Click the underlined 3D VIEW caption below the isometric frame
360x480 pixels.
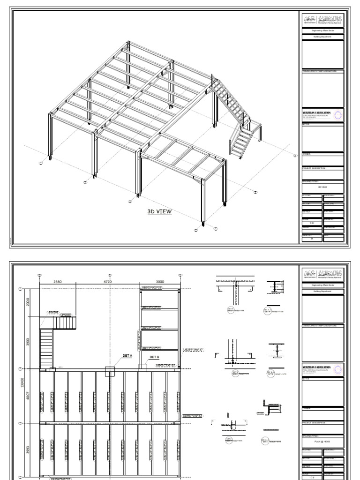[x=159, y=211]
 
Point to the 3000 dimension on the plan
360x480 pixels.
[x=160, y=282]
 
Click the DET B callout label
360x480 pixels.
[x=155, y=357]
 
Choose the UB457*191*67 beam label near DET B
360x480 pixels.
[x=165, y=365]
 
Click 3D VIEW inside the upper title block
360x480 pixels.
[x=322, y=187]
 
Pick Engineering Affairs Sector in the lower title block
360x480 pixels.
[x=322, y=285]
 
